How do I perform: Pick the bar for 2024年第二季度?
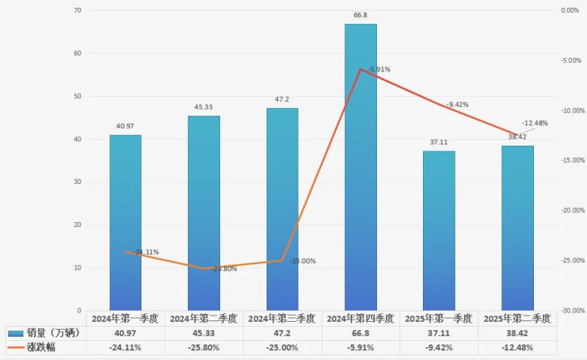[x=204, y=213]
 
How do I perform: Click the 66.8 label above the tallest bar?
[x=361, y=15]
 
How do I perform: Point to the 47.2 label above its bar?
[x=282, y=99]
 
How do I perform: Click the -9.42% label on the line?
[x=457, y=105]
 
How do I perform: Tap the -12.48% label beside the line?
[x=535, y=122]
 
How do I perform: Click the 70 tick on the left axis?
[x=77, y=11]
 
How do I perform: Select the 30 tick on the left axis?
[x=77, y=182]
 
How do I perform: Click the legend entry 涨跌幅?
[x=42, y=347]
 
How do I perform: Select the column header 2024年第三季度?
[x=282, y=319]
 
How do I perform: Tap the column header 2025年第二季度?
[x=518, y=319]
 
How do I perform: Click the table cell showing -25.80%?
[x=204, y=347]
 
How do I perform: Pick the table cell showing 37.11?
[x=439, y=333]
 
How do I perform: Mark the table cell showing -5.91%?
[x=361, y=347]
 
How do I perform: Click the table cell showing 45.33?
[x=204, y=333]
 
